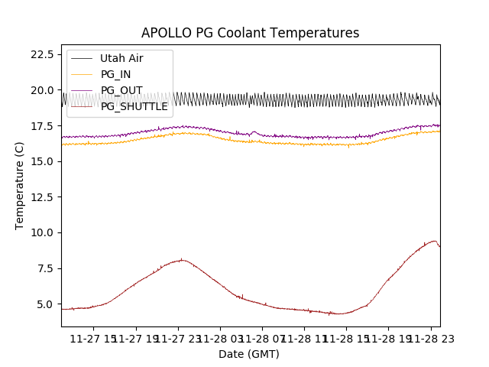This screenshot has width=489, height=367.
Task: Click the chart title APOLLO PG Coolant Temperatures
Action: [x=250, y=33]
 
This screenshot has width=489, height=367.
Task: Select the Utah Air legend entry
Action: [x=121, y=58]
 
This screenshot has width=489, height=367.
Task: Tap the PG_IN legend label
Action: [x=115, y=74]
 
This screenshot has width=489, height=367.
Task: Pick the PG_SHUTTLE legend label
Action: [x=134, y=106]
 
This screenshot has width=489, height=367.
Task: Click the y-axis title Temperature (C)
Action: [x=20, y=186]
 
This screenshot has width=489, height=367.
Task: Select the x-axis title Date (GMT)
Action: [x=249, y=354]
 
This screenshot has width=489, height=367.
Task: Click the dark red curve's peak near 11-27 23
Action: [x=181, y=260]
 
